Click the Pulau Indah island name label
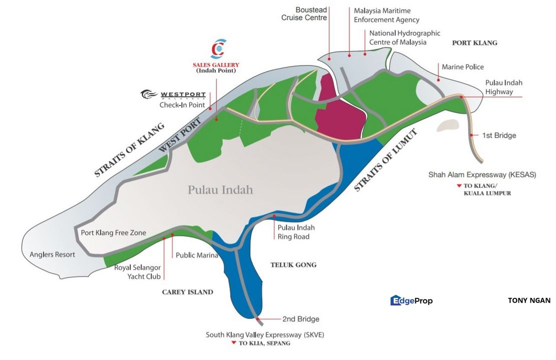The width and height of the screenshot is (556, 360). click(220, 190)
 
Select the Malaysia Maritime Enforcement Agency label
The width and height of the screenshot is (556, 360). click(386, 15)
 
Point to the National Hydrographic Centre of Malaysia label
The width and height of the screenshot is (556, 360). click(404, 37)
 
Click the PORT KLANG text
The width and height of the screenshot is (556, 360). click(474, 43)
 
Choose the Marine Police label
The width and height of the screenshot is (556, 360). click(462, 66)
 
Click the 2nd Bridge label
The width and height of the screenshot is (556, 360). click(301, 319)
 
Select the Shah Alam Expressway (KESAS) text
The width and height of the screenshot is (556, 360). click(482, 174)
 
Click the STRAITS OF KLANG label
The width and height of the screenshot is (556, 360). click(129, 150)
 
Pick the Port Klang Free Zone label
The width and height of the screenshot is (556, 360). click(113, 232)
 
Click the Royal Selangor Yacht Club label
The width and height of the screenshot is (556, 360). click(137, 271)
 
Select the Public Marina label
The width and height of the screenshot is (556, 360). click(197, 255)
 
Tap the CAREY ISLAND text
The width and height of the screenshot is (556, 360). click(187, 292)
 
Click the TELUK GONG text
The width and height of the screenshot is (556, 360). click(293, 265)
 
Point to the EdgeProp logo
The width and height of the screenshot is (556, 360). click(411, 300)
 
